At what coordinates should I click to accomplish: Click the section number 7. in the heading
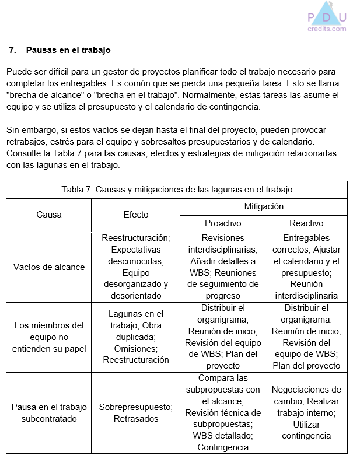(x=13, y=50)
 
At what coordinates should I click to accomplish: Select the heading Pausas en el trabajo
(x=68, y=50)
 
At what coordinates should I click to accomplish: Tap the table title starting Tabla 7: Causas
(x=177, y=190)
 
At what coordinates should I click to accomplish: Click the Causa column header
(x=48, y=215)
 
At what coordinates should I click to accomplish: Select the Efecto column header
(x=135, y=215)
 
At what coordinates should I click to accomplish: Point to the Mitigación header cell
(x=263, y=206)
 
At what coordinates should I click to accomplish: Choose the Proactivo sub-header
(x=222, y=223)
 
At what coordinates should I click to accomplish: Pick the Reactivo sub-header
(x=306, y=223)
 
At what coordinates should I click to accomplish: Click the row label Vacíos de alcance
(x=48, y=267)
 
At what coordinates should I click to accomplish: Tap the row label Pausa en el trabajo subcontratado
(x=48, y=413)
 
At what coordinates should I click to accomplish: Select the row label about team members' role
(x=48, y=337)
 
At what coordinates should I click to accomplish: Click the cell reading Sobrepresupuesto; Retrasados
(x=135, y=413)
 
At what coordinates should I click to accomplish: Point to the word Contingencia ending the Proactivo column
(x=222, y=447)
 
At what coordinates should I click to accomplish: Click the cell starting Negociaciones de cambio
(x=306, y=412)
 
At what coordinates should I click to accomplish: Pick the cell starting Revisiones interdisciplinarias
(x=222, y=267)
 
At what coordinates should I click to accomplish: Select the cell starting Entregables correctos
(x=306, y=267)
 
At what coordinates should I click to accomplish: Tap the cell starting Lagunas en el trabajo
(x=135, y=337)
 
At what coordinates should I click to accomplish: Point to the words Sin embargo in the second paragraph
(x=29, y=129)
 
